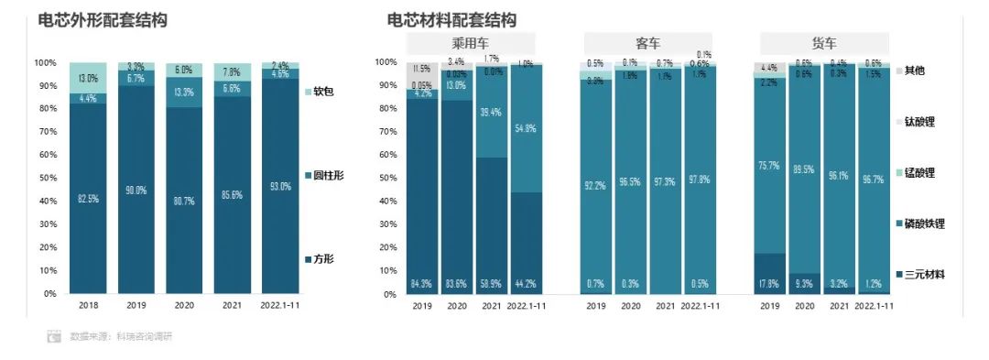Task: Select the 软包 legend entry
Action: point(323,92)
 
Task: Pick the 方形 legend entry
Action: point(323,259)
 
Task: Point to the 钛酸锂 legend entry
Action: point(919,121)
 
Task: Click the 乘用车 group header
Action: point(470,43)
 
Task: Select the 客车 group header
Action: point(648,43)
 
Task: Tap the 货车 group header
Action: point(824,43)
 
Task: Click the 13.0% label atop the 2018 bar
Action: point(89,78)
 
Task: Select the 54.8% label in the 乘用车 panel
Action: point(525,128)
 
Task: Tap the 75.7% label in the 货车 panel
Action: point(768,166)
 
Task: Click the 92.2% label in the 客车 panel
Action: point(595,186)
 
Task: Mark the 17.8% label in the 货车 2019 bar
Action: point(768,283)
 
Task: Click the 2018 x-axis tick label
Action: point(89,306)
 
